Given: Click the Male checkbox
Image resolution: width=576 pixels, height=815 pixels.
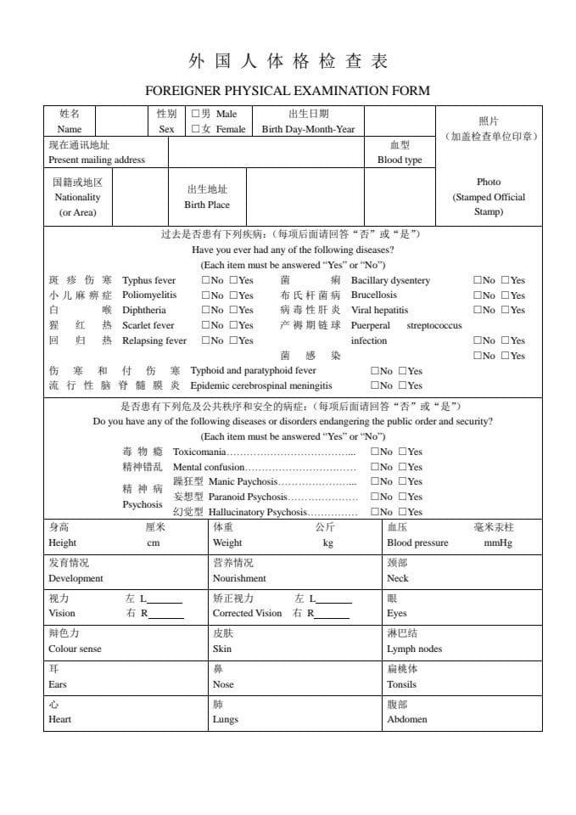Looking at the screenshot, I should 196,113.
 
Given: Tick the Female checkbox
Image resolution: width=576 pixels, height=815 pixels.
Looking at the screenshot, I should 196,129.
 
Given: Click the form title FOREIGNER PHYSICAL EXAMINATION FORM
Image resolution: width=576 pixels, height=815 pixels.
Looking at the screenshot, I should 288,90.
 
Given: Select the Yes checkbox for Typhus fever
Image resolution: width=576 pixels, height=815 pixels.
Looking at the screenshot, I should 234,280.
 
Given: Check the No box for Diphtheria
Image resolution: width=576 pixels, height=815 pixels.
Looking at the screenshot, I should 206,311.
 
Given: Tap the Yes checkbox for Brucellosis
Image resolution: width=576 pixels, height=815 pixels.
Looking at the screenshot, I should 506,295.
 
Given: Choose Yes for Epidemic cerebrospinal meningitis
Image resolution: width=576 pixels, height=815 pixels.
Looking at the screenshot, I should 403,386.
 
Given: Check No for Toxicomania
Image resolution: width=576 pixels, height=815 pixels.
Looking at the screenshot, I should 376,452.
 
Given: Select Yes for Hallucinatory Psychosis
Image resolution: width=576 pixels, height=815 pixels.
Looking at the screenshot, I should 403,513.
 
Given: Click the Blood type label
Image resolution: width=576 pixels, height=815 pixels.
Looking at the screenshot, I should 400,160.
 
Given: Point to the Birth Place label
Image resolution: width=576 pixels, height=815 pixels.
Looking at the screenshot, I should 207,205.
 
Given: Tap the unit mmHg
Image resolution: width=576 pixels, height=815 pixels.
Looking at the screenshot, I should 498,543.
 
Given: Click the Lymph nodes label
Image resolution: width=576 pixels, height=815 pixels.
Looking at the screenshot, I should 414,649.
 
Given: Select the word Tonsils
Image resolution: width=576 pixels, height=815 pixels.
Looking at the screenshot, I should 401,684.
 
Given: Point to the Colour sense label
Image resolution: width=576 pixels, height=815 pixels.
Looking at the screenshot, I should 75,649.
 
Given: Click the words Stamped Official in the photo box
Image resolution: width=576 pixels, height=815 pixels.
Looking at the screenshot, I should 489,197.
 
